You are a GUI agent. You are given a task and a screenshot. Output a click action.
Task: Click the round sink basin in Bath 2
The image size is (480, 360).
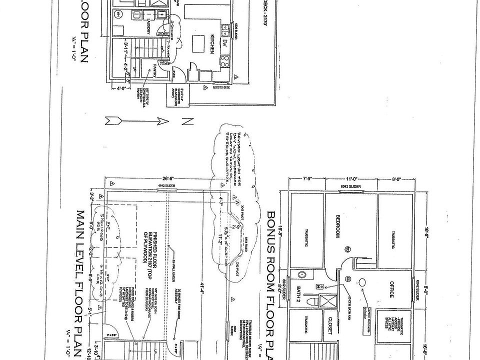click(302, 274)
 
